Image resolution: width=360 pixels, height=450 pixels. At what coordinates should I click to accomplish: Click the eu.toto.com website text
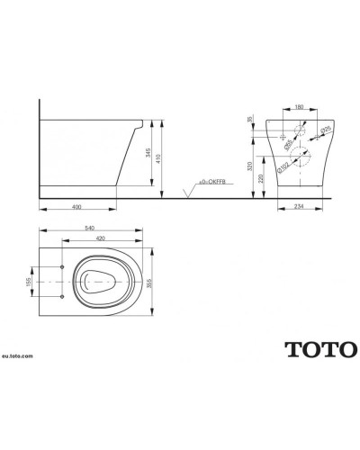click(x=20, y=355)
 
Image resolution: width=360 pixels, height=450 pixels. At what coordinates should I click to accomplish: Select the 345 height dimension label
click(x=148, y=152)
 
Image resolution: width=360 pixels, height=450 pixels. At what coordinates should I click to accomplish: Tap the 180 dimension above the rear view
click(x=298, y=105)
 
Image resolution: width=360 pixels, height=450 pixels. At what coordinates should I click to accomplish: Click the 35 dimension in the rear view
click(x=250, y=118)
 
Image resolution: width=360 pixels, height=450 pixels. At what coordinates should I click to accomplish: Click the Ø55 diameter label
click(x=286, y=140)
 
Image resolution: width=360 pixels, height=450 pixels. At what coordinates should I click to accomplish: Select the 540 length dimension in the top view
click(x=89, y=229)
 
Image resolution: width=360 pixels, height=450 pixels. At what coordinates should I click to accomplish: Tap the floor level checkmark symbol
click(x=185, y=191)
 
